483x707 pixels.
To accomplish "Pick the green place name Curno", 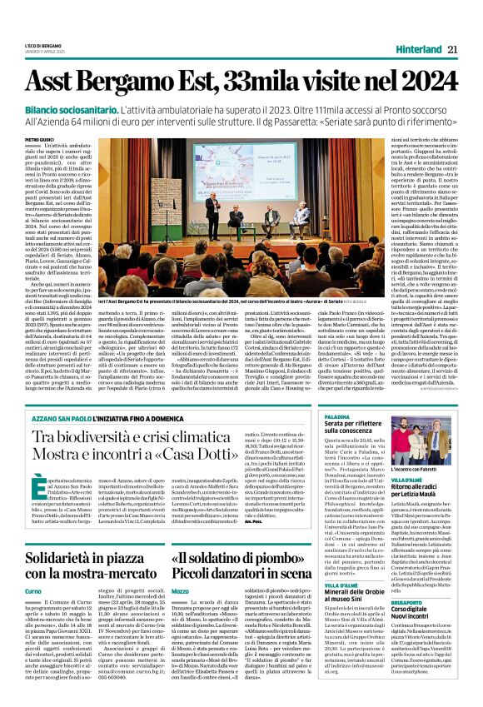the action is pyautogui.click(x=32, y=590).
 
